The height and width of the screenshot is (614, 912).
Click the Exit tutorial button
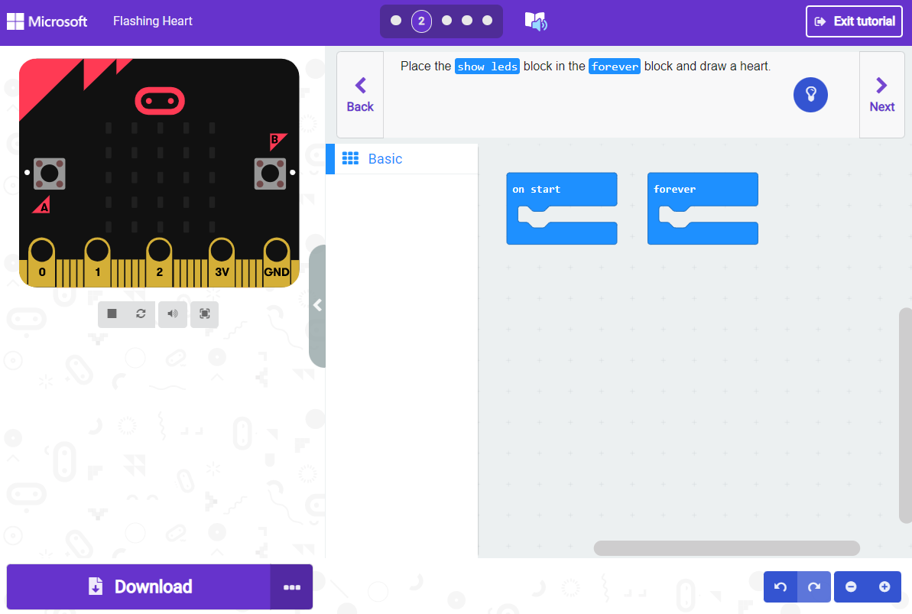(855, 21)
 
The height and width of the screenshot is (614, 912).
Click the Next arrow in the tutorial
(881, 95)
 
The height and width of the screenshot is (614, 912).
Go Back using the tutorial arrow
(360, 95)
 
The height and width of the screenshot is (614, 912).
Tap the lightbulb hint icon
(810, 95)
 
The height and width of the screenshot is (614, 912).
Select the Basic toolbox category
(385, 159)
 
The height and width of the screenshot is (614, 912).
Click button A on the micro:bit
(50, 174)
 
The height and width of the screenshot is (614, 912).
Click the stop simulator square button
(112, 313)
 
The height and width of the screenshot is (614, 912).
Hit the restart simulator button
(141, 313)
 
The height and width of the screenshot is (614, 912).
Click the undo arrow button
(781, 586)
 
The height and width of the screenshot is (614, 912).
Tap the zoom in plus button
(884, 586)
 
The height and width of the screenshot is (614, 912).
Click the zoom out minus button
(851, 586)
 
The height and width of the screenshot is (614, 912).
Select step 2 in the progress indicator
(421, 21)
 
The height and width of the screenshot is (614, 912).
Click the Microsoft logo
(47, 21)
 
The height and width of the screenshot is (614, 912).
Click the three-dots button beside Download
(291, 587)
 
